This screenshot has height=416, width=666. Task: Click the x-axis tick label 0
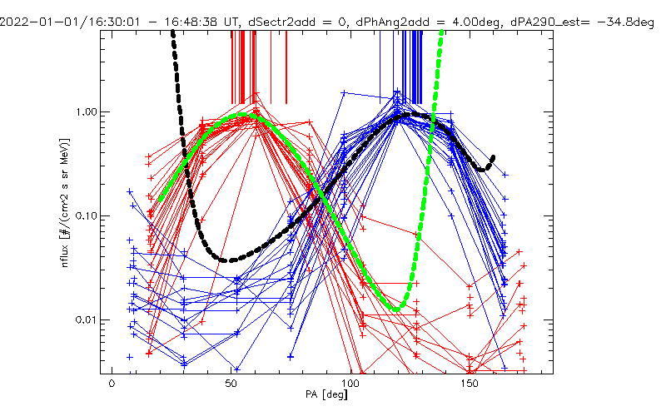112,384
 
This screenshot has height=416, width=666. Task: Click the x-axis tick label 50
231,384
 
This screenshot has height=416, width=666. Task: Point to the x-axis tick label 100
350,384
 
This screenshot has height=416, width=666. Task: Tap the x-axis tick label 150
470,384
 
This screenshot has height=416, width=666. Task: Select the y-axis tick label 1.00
86,112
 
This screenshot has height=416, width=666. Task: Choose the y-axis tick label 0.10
86,216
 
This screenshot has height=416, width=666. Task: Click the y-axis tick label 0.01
86,320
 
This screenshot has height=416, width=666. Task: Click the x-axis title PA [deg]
326,394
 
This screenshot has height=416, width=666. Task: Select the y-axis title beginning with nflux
65,202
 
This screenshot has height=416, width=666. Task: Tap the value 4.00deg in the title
475,22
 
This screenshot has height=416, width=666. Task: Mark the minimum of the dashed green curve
396,310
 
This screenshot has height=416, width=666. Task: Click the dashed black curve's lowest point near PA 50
231,260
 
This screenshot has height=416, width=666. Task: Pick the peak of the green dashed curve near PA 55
242,115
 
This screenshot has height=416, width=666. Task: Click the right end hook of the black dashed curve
493,158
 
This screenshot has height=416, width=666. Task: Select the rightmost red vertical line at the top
286,67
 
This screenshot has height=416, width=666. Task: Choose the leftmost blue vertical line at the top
380,67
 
